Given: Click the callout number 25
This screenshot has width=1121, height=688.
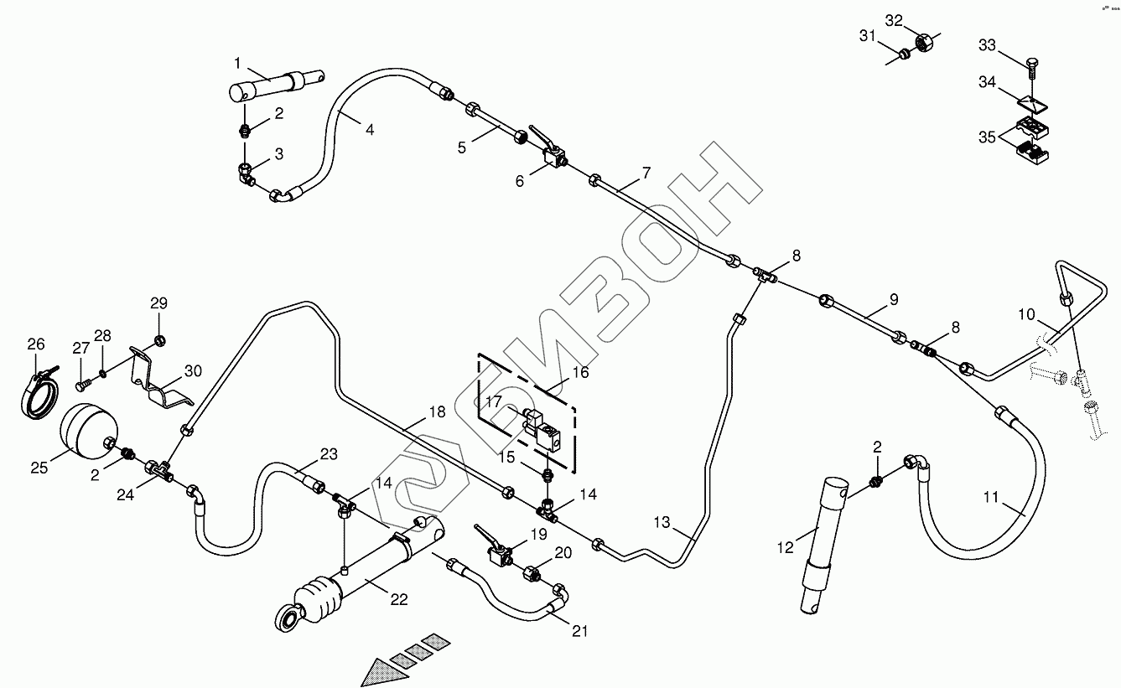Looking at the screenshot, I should pyautogui.click(x=39, y=468).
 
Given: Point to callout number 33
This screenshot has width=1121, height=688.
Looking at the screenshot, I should pyautogui.click(x=987, y=45).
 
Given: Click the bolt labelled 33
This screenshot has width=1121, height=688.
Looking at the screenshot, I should pyautogui.click(x=1032, y=65).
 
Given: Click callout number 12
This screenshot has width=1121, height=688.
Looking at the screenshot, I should pyautogui.click(x=785, y=548).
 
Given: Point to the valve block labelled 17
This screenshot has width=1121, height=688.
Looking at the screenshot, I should pyautogui.click(x=537, y=423).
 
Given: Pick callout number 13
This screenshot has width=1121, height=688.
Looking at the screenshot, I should pyautogui.click(x=662, y=523).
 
